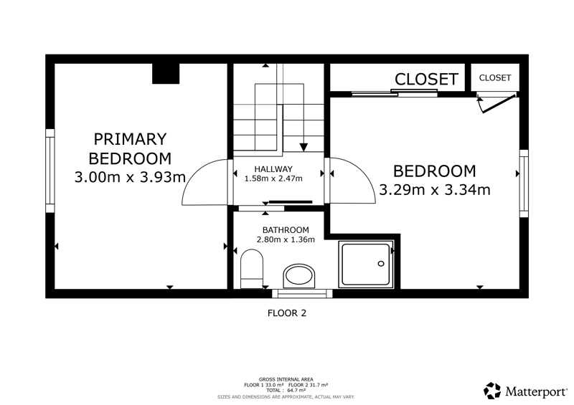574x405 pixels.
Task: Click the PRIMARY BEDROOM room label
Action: coord(130,149)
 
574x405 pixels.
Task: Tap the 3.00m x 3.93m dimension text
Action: coord(130,178)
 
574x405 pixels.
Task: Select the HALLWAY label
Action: coord(273,169)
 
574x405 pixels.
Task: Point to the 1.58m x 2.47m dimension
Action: coord(273,179)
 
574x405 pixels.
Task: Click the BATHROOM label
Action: coord(286,230)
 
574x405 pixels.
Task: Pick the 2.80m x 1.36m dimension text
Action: coord(286,239)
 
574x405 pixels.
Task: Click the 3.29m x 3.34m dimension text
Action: coord(435,190)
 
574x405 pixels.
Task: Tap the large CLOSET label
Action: coord(426,79)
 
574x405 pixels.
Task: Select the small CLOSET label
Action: coord(495,78)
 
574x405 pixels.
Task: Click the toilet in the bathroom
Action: coord(252,269)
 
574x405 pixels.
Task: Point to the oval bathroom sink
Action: coord(299,276)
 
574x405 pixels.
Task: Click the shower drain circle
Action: coord(381,263)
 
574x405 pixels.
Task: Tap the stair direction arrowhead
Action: coord(304,147)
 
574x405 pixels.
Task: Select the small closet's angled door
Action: coord(499,104)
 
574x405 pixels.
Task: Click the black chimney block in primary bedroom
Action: coord(166,74)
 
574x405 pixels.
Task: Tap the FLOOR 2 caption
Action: coord(286,313)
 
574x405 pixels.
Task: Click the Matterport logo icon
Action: coord(492,391)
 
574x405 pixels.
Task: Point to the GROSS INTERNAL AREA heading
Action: coord(286,379)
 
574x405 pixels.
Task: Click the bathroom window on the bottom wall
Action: coord(302,293)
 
